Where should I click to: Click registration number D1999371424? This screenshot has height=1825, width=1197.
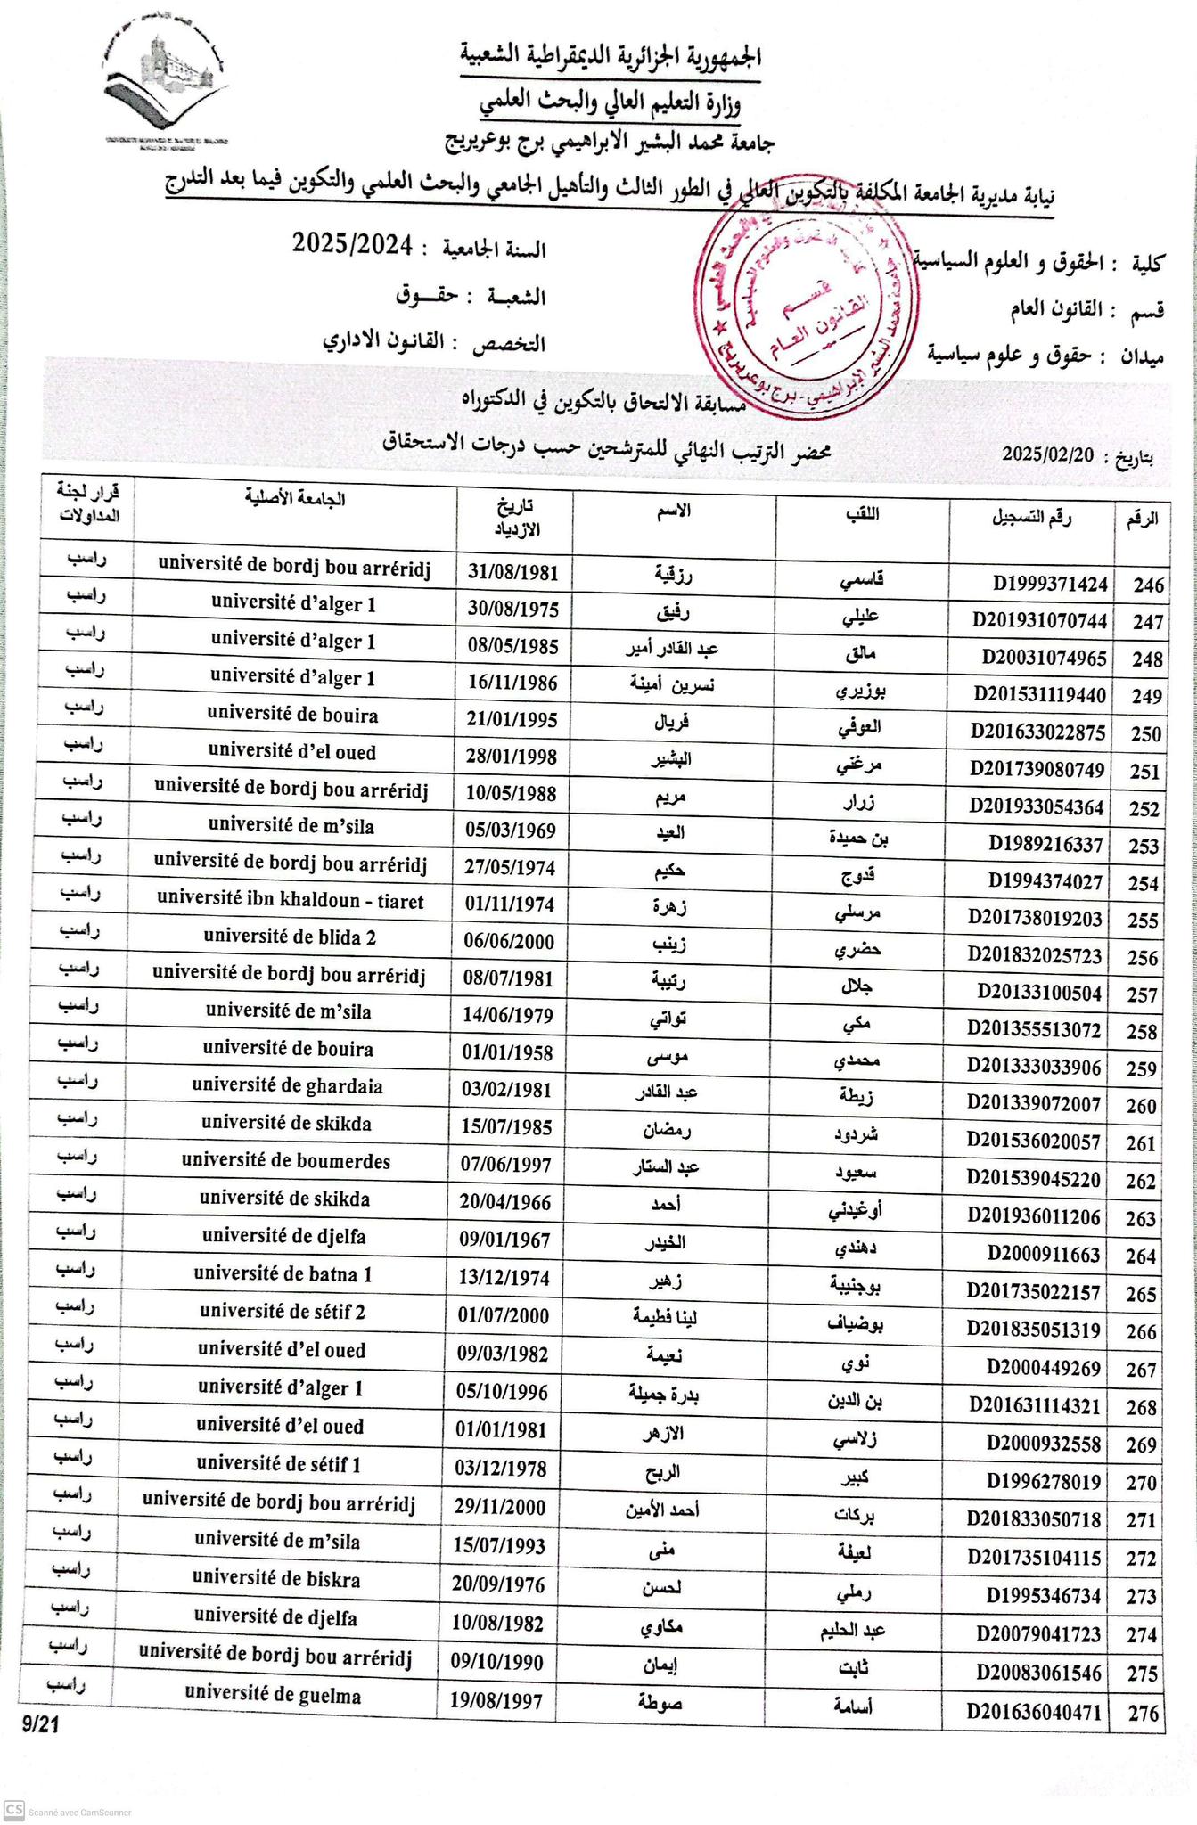pyautogui.click(x=1050, y=584)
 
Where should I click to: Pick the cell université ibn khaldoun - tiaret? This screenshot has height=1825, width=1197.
pyautogui.click(x=290, y=901)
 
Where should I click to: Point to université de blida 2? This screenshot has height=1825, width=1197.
pyautogui.click(x=290, y=937)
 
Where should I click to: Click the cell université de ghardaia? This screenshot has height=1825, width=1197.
pyautogui.click(x=287, y=1086)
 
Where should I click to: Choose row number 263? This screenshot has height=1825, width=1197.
pyautogui.click(x=1142, y=1219)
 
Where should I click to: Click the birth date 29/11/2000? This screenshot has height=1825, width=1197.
pyautogui.click(x=498, y=1508)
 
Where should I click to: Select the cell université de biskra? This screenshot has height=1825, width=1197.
pyautogui.click(x=277, y=1580)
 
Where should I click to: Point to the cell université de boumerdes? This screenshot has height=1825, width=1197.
pyautogui.click(x=285, y=1162)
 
